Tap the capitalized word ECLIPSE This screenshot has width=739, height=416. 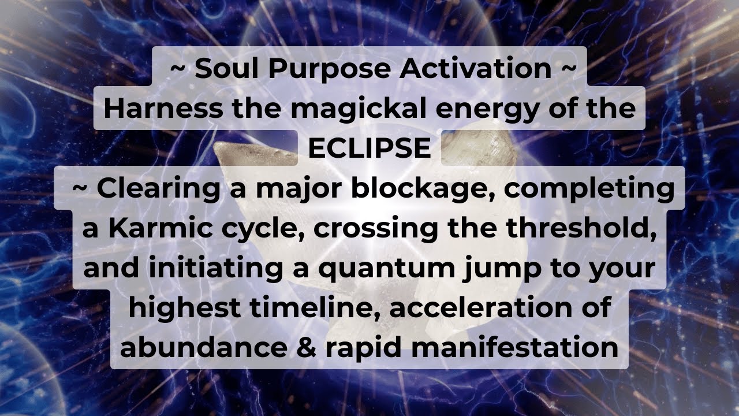click(369, 148)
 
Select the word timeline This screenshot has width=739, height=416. click(314, 307)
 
